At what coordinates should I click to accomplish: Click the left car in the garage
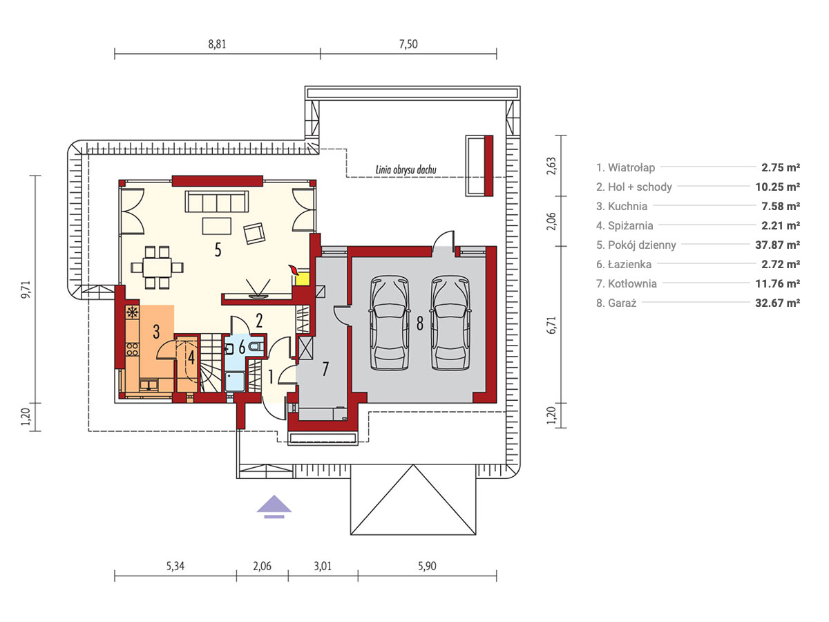point(390,323)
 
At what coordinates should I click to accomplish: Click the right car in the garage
point(450,323)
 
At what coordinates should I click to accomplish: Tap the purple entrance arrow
point(274,507)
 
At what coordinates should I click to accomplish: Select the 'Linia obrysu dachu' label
point(406,170)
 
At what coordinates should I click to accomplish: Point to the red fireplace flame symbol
point(293,270)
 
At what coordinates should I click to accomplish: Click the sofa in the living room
point(217,201)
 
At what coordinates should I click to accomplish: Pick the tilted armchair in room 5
point(254,233)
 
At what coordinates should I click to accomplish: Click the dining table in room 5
point(157,267)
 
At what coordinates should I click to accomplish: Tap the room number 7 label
point(325,369)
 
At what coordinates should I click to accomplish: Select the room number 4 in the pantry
point(191,357)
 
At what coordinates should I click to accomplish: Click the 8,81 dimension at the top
point(217,44)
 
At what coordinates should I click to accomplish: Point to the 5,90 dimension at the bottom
point(427,566)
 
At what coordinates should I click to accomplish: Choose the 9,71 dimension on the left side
point(26,290)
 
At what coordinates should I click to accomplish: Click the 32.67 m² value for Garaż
point(778,303)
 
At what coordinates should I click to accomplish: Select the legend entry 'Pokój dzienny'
point(636,245)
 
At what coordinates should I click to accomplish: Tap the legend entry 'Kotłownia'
point(627,283)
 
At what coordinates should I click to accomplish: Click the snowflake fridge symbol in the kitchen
point(132,312)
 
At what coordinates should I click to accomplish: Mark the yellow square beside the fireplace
point(303,279)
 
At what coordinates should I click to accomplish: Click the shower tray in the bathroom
point(235,381)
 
